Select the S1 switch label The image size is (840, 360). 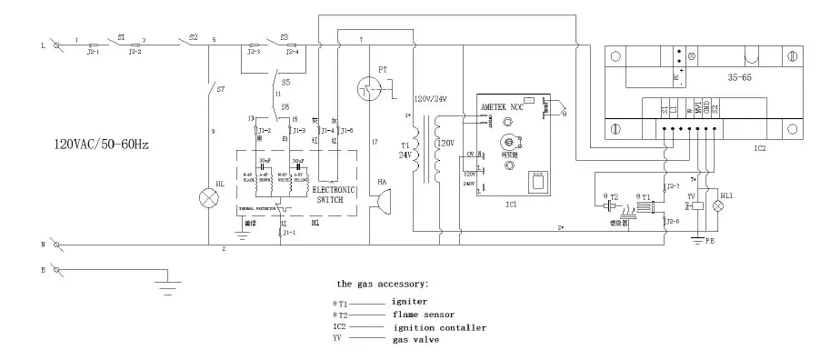(121, 37)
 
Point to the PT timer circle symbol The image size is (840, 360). (370, 88)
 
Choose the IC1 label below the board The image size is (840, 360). (510, 205)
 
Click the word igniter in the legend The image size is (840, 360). (410, 300)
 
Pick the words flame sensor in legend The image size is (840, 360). (421, 314)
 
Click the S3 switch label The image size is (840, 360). (285, 37)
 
